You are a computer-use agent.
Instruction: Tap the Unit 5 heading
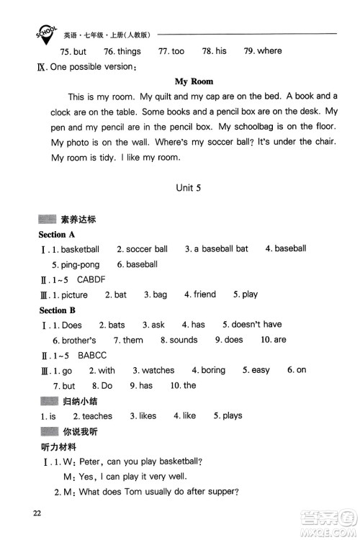point(192,186)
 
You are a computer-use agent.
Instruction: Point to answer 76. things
point(122,51)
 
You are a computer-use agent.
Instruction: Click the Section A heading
point(57,235)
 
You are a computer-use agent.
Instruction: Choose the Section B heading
point(57,310)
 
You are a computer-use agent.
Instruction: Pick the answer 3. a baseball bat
point(216,249)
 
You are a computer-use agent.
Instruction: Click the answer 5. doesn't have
point(252,325)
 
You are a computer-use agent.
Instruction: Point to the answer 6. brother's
point(74,340)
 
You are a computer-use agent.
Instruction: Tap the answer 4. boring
point(209,370)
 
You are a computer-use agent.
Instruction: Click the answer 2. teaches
point(92,416)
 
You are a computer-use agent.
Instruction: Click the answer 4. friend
point(200,294)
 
